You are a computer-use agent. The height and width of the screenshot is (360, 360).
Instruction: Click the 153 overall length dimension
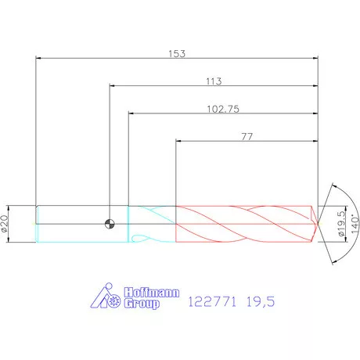click(x=177, y=54)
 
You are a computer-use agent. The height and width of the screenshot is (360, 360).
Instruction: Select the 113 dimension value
click(x=214, y=81)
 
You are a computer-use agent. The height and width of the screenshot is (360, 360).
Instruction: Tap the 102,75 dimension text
click(x=223, y=109)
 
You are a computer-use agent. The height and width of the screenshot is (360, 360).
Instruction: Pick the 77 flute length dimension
click(x=247, y=136)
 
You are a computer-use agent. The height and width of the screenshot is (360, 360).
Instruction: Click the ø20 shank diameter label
click(x=5, y=224)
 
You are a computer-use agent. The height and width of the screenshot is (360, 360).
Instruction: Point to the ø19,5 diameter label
click(x=341, y=224)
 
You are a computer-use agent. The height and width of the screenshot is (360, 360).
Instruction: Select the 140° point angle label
click(x=355, y=224)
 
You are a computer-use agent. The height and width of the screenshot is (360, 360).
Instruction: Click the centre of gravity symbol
click(x=110, y=224)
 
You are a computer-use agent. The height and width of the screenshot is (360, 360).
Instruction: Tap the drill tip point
click(x=319, y=224)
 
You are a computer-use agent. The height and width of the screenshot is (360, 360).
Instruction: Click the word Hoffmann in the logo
click(x=152, y=293)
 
